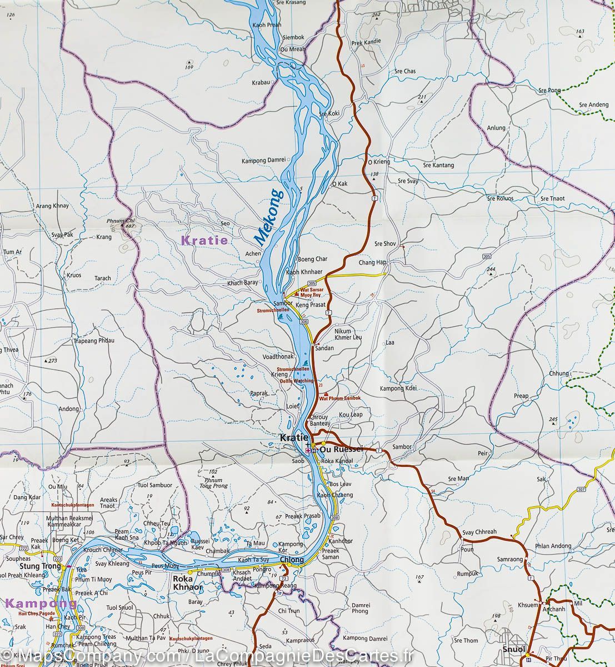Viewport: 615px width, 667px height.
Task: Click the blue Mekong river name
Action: [269, 217]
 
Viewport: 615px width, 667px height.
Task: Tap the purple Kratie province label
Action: [204, 241]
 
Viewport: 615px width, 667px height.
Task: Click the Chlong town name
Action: [293, 560]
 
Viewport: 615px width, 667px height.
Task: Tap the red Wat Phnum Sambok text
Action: [339, 398]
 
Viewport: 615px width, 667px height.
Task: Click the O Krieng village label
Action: [379, 162]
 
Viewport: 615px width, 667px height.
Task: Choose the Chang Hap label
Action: [372, 262]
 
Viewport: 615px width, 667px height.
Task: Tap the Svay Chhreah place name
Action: [479, 532]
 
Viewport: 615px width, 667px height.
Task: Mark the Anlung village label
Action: [496, 128]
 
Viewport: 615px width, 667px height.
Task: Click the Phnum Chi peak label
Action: [116, 221]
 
